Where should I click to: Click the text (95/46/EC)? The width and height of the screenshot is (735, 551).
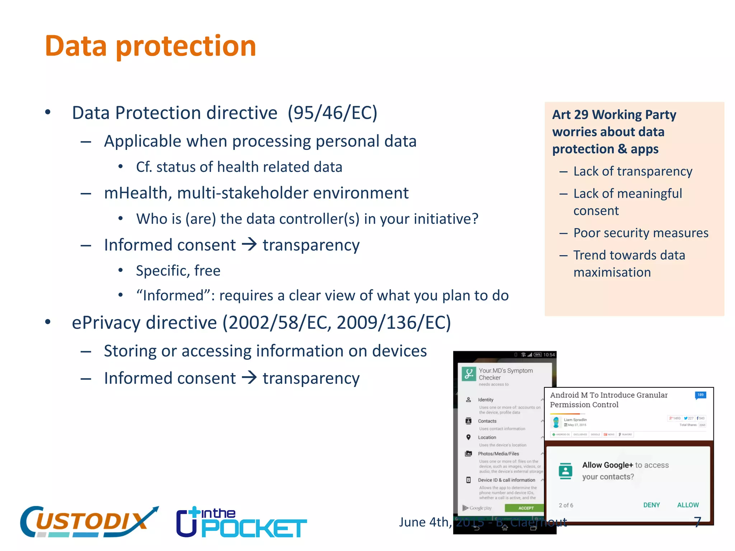332,113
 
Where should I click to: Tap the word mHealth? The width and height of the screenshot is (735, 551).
136,193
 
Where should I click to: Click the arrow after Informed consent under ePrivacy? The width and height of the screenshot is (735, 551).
249,377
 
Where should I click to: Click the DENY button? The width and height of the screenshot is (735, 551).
651,505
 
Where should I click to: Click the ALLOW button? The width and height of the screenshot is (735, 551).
688,505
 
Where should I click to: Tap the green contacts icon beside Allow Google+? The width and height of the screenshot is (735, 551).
566,471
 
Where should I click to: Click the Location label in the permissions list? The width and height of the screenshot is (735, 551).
487,437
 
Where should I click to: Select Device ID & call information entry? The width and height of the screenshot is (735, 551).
506,480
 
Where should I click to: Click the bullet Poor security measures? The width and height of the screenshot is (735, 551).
641,233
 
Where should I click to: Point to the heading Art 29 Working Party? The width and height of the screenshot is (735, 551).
614,115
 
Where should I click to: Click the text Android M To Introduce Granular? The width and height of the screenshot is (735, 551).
609,395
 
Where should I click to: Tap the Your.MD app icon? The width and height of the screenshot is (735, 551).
469,374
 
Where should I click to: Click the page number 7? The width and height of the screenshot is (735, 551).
697,522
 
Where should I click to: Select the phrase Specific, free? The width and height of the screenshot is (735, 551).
178,270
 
